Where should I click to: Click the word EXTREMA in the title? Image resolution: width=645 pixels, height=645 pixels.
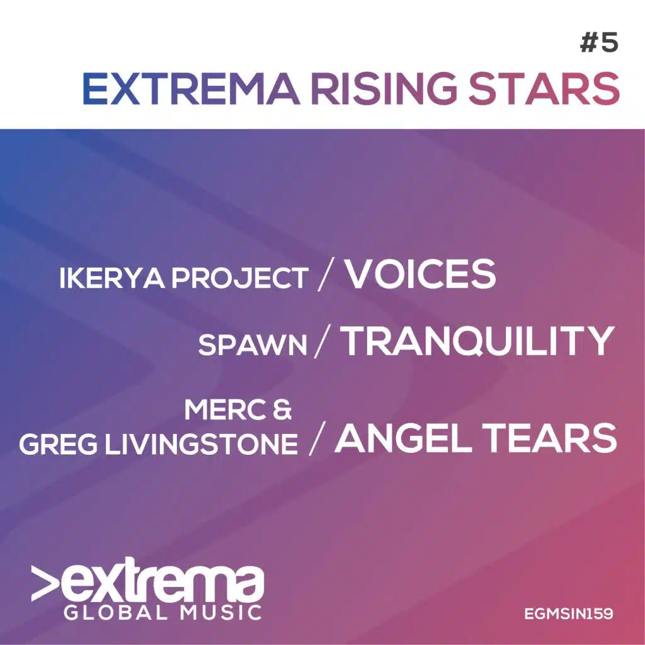coord(190,89)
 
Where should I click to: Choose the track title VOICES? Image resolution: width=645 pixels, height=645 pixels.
coord(421,275)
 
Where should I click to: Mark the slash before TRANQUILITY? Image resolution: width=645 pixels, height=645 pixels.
coord(321,343)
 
